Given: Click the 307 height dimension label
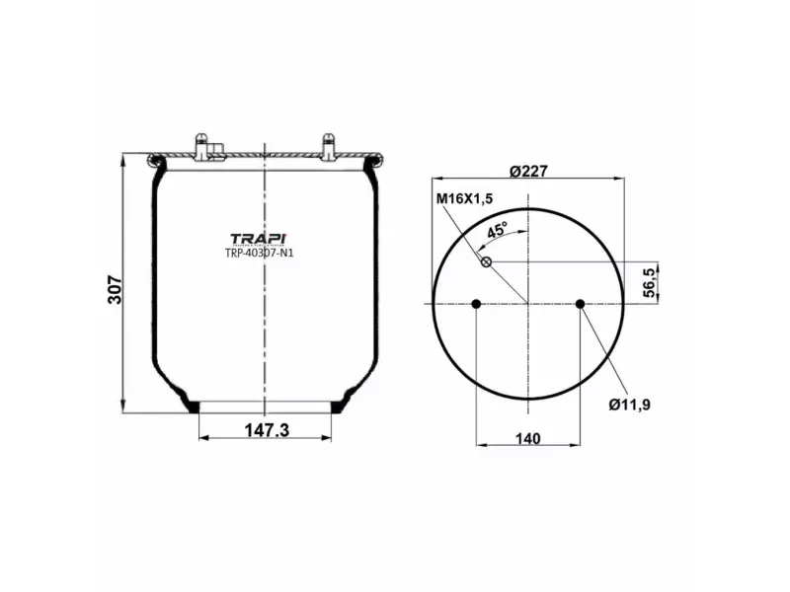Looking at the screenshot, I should [115, 289].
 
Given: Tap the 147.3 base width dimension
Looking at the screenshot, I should [264, 429].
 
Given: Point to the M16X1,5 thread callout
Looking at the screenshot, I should [464, 199].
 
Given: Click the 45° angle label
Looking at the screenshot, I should [496, 230].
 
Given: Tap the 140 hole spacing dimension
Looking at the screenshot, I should [528, 439].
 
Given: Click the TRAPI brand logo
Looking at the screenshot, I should [258, 239].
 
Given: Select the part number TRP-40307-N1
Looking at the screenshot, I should [259, 253].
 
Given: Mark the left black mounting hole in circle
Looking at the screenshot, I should [476, 304].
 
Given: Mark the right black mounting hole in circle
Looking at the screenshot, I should [581, 304].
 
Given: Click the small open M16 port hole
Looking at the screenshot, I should [486, 261].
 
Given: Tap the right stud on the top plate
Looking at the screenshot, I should [328, 146].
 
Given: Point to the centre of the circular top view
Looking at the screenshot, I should [528, 304].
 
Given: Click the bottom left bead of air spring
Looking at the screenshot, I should [191, 403].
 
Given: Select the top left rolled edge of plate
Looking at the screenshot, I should [154, 160].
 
